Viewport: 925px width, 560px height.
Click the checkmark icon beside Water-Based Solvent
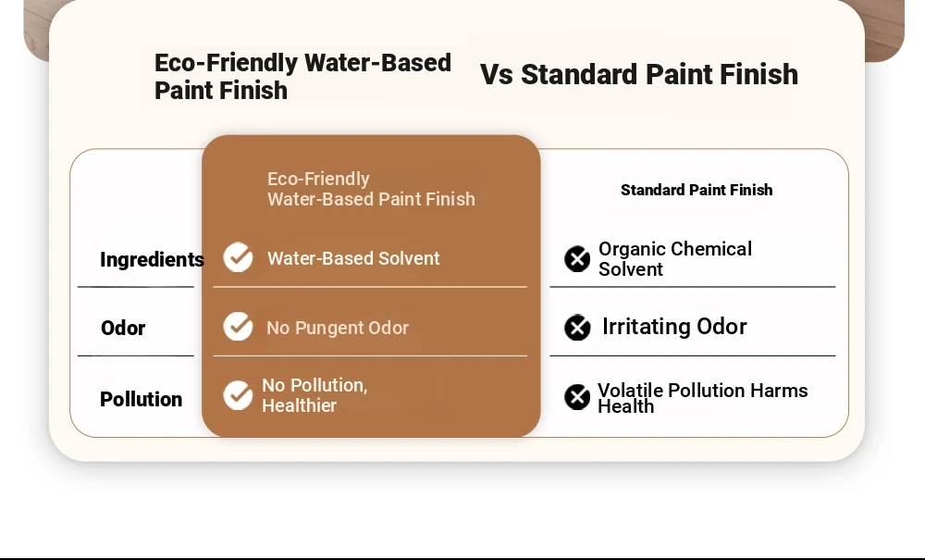coord(239,257)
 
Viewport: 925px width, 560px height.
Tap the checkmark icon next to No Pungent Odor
coord(239,327)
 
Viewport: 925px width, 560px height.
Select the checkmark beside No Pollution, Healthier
coord(239,394)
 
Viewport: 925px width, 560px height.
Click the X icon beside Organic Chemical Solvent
coord(577,259)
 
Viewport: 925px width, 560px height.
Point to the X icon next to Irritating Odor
coord(577,328)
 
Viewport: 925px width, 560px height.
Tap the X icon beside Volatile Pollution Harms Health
coord(577,397)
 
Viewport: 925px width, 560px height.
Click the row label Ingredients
coord(153,260)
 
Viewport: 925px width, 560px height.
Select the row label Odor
coord(123,328)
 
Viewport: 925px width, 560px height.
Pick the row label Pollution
coord(141,400)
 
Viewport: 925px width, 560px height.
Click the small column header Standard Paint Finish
coord(697,190)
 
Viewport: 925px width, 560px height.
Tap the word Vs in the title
coord(496,75)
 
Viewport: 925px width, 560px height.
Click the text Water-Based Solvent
coord(353,258)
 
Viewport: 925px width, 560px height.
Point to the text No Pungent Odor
coord(338,328)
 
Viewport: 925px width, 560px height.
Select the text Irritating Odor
coord(674,327)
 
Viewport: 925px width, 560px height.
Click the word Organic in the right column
coord(635,250)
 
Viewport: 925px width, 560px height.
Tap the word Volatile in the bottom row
coord(630,390)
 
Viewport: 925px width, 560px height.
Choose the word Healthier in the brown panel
coord(299,406)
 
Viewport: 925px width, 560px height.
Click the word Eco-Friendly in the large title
coord(226,63)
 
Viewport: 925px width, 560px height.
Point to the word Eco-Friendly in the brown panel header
coord(318,179)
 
